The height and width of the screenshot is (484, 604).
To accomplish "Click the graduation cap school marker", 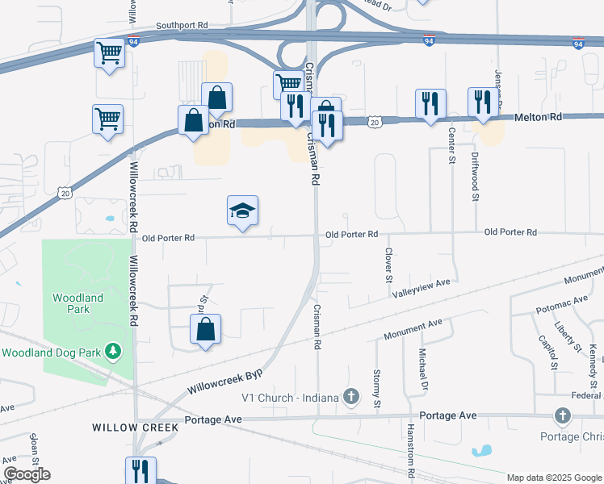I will [243, 211].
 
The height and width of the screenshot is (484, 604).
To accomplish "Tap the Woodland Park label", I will [78, 304].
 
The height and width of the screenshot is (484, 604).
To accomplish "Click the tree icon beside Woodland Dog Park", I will [114, 352].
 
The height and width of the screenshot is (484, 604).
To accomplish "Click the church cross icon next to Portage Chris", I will [563, 415].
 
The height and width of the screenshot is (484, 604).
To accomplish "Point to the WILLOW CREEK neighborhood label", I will [129, 427].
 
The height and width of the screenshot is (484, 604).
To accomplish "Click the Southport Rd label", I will [182, 26].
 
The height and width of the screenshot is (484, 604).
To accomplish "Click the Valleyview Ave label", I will [420, 289].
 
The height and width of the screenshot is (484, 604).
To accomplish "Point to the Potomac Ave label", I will [561, 305].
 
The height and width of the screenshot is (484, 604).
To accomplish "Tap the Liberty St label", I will [568, 337].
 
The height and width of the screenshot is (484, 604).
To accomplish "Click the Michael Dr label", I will [422, 367].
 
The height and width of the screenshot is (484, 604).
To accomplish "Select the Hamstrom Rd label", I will [410, 447].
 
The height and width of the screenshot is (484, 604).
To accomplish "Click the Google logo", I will [27, 474].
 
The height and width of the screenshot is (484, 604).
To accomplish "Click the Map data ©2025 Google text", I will [554, 478].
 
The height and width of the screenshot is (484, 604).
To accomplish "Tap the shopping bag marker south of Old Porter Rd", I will [206, 329].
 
